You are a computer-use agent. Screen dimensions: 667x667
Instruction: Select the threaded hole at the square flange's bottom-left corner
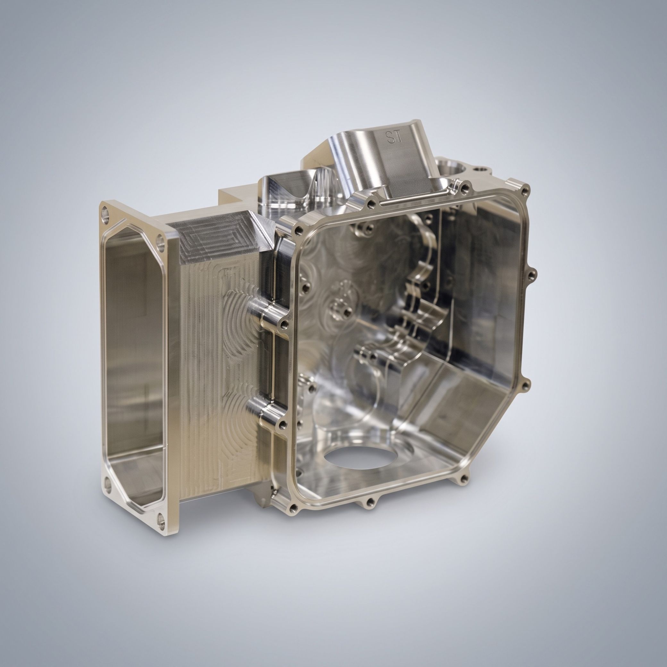(294, 507)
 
